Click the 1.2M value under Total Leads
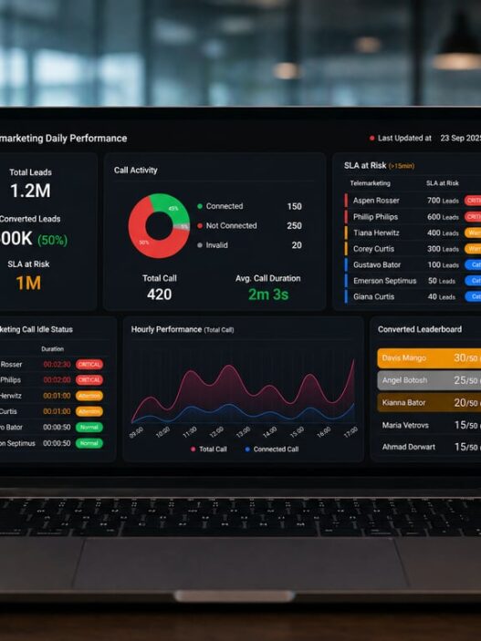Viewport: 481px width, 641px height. pyautogui.click(x=30, y=191)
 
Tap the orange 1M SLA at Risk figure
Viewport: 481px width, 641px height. pyautogui.click(x=27, y=283)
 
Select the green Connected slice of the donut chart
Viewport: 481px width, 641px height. pyautogui.click(x=170, y=209)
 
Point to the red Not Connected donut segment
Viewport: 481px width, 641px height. pyautogui.click(x=142, y=237)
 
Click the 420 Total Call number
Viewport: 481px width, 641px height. pyautogui.click(x=159, y=295)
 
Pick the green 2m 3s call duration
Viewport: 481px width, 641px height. pyautogui.click(x=267, y=295)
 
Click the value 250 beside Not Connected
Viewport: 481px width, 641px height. pyautogui.click(x=294, y=225)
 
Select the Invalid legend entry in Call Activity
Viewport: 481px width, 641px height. pyautogui.click(x=216, y=245)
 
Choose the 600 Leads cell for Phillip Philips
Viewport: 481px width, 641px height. pyautogui.click(x=441, y=217)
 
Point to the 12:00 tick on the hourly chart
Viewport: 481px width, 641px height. pyautogui.click(x=216, y=430)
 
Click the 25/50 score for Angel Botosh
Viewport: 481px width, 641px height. pyautogui.click(x=466, y=380)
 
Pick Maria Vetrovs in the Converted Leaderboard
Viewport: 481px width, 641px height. pyautogui.click(x=406, y=425)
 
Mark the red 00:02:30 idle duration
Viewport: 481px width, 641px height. pyautogui.click(x=57, y=364)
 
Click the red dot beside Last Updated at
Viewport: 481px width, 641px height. pyautogui.click(x=372, y=139)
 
